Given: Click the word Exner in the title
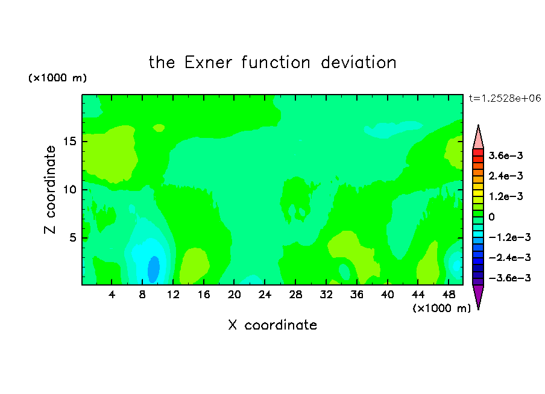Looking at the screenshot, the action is tap(208, 63).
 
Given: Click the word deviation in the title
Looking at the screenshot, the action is tap(359, 63).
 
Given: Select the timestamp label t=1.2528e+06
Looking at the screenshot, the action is tap(505, 98).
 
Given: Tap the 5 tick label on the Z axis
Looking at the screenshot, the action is tap(73, 237).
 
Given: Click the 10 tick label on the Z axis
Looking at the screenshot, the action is tap(69, 190).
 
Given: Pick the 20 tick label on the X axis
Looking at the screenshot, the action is tap(235, 295).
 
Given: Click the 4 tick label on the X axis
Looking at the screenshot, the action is tap(112, 295).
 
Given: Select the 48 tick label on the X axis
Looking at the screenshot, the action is tap(449, 295).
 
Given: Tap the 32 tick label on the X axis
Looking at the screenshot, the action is tap(326, 295).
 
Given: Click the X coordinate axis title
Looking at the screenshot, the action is tap(272, 325).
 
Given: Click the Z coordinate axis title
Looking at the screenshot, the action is tap(50, 190).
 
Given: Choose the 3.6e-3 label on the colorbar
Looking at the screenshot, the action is tap(506, 155).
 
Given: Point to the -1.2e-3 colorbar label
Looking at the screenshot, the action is tap(509, 237).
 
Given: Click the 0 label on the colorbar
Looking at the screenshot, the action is tap(491, 217).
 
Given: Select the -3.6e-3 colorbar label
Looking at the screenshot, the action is tap(509, 278).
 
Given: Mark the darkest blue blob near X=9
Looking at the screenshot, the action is tap(154, 270).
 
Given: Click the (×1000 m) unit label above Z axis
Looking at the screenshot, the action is tap(57, 78).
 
